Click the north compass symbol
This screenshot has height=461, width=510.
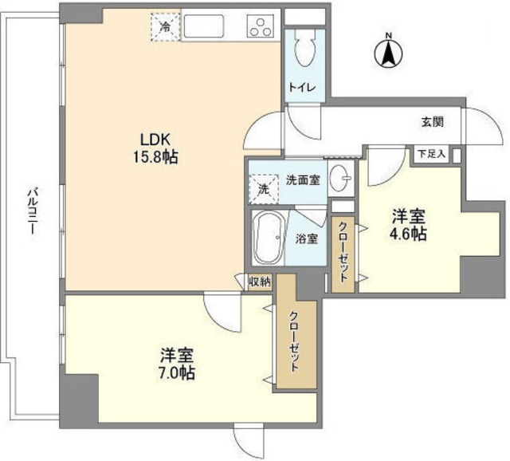tap(388, 52)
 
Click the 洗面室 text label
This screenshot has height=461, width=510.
tap(303, 179)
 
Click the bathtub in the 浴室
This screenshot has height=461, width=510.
tap(266, 237)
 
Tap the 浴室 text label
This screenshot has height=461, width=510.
tap(308, 238)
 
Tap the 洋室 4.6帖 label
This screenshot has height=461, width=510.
tap(407, 225)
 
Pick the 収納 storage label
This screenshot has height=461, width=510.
tap(259, 281)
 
